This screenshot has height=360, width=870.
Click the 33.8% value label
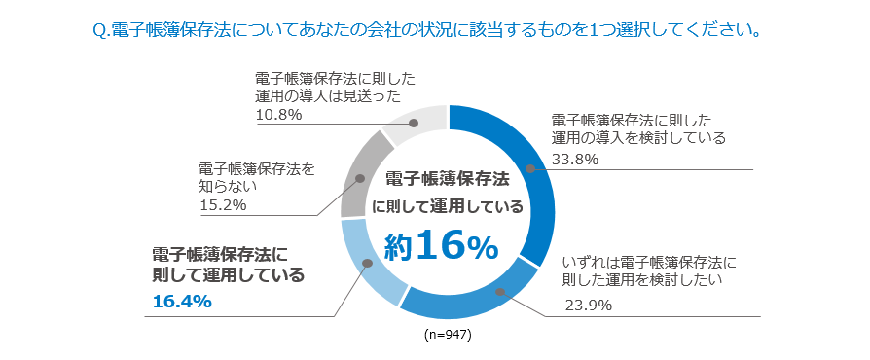click(x=574, y=160)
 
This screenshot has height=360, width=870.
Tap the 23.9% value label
click(x=588, y=306)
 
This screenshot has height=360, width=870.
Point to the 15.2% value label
click(x=223, y=205)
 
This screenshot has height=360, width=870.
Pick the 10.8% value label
click(x=278, y=115)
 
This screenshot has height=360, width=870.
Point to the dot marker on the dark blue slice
click(x=531, y=169)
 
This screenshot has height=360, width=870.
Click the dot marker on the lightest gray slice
click(x=414, y=124)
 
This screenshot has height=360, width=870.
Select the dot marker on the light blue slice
click(x=366, y=263)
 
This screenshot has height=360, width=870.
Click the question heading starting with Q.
click(x=426, y=30)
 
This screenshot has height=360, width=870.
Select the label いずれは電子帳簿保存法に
click(x=650, y=262)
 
